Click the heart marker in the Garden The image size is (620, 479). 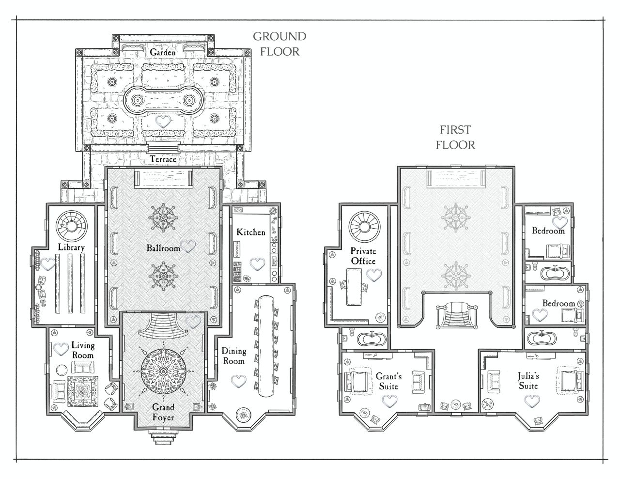tap(164, 122)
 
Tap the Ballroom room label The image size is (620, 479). tap(163, 248)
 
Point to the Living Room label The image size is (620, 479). tap(82, 350)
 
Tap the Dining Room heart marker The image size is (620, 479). tap(237, 381)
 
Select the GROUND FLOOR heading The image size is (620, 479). tap(279, 44)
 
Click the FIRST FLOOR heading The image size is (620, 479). tap(455, 137)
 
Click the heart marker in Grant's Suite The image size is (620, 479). tap(389, 401)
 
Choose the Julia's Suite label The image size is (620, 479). tap(528, 381)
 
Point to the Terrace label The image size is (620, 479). tap(163, 159)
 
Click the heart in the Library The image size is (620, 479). tap(47, 264)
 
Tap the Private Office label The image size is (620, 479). tap(363, 256)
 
